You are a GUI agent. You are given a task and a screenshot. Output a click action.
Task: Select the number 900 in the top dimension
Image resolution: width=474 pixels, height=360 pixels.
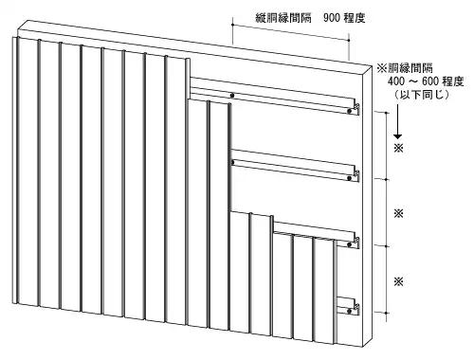[321, 18]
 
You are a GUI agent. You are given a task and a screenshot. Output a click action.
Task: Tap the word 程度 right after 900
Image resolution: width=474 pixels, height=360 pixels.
[351, 18]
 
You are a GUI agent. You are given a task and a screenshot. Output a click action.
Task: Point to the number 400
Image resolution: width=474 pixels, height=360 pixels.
[399, 83]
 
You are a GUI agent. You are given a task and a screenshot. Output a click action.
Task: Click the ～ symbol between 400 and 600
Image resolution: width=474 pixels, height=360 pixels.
[418, 83]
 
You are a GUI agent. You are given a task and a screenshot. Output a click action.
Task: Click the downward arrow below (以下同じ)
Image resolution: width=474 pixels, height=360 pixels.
[399, 123]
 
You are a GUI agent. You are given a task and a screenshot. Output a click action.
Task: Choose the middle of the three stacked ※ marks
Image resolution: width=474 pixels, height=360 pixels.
[399, 213]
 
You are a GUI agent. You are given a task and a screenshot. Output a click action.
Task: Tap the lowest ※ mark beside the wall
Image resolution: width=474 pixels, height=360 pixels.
[399, 281]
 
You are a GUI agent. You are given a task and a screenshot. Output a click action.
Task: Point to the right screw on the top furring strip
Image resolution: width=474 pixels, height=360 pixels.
[350, 111]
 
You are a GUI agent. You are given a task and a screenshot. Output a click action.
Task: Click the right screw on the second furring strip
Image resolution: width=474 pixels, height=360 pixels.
[350, 177]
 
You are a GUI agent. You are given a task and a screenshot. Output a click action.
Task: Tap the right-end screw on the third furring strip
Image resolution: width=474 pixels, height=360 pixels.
[350, 243]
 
